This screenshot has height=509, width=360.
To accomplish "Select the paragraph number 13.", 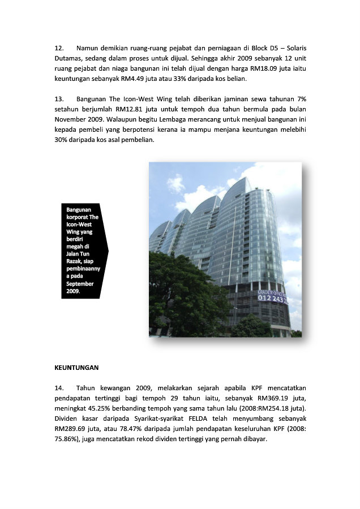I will point(59,98).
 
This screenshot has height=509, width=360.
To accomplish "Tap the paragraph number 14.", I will point(59,388).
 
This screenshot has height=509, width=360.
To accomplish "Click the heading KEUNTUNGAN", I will point(76,368).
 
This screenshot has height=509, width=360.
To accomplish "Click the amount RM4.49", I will point(128,78).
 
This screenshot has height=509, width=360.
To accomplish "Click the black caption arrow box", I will point(84,251).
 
